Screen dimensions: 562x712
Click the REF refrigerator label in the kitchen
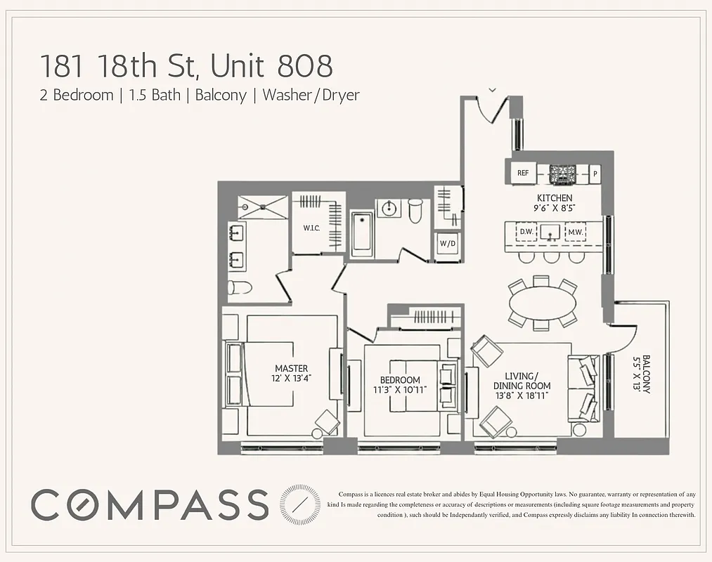(x=522, y=173)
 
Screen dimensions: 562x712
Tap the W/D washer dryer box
(x=447, y=244)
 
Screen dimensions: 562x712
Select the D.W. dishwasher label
(x=526, y=232)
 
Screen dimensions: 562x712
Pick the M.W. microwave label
(x=576, y=232)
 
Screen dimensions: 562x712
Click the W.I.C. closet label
(x=313, y=228)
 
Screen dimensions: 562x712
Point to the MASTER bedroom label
(x=291, y=368)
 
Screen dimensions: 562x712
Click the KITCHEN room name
(x=555, y=198)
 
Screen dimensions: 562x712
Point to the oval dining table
(x=542, y=303)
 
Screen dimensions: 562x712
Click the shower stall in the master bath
(x=262, y=207)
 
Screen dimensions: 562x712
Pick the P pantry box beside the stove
(x=595, y=173)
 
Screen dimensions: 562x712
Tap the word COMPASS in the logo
(x=150, y=504)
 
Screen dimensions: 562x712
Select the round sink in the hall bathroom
(x=388, y=208)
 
